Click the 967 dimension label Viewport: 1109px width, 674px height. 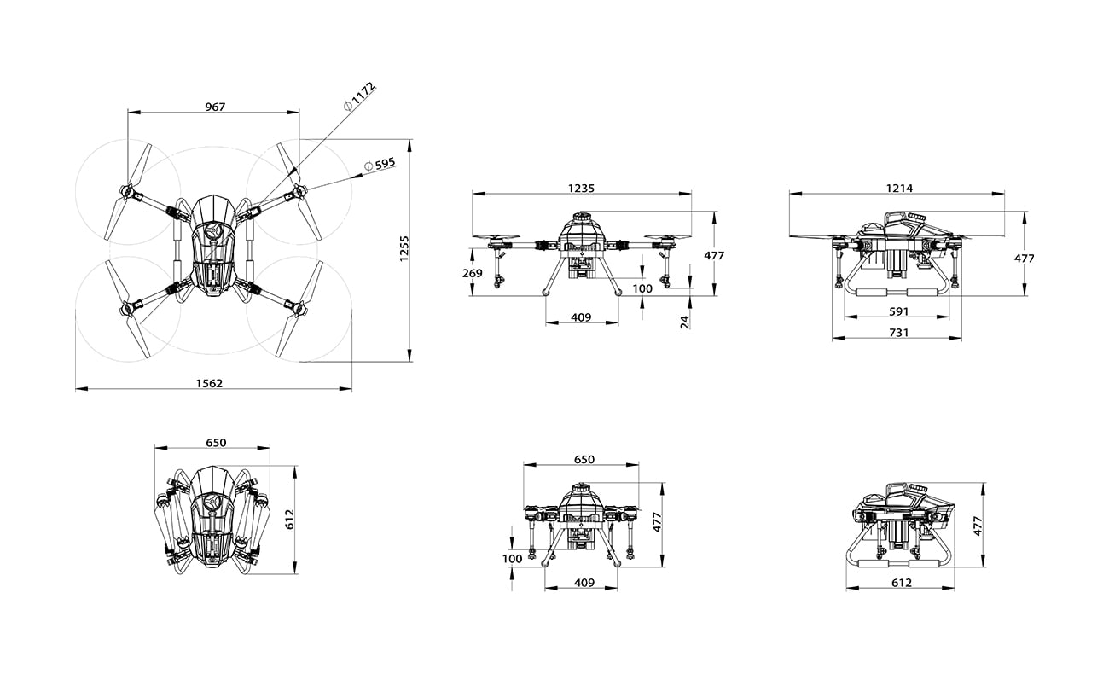pos(215,107)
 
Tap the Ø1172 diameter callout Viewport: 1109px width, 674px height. pos(358,96)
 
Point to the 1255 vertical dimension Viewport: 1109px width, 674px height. pos(404,249)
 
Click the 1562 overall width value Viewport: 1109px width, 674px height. pos(209,383)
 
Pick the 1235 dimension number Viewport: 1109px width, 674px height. pos(581,189)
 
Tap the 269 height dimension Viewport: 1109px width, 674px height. pos(473,273)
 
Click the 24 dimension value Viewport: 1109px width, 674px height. pos(684,321)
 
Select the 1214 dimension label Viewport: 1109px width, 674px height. pos(898,189)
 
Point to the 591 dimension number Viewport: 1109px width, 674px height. pos(897,311)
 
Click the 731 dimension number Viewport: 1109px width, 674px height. pos(898,333)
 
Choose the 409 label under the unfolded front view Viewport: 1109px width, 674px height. pos(581,317)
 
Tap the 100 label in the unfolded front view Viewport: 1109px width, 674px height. pos(642,288)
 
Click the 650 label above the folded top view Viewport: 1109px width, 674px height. pos(216,443)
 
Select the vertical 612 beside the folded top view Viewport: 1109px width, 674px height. pos(290,520)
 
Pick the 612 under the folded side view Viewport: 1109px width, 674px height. pos(901,583)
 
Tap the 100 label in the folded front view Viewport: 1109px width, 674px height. pos(512,559)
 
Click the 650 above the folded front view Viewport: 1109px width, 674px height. pos(584,459)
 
